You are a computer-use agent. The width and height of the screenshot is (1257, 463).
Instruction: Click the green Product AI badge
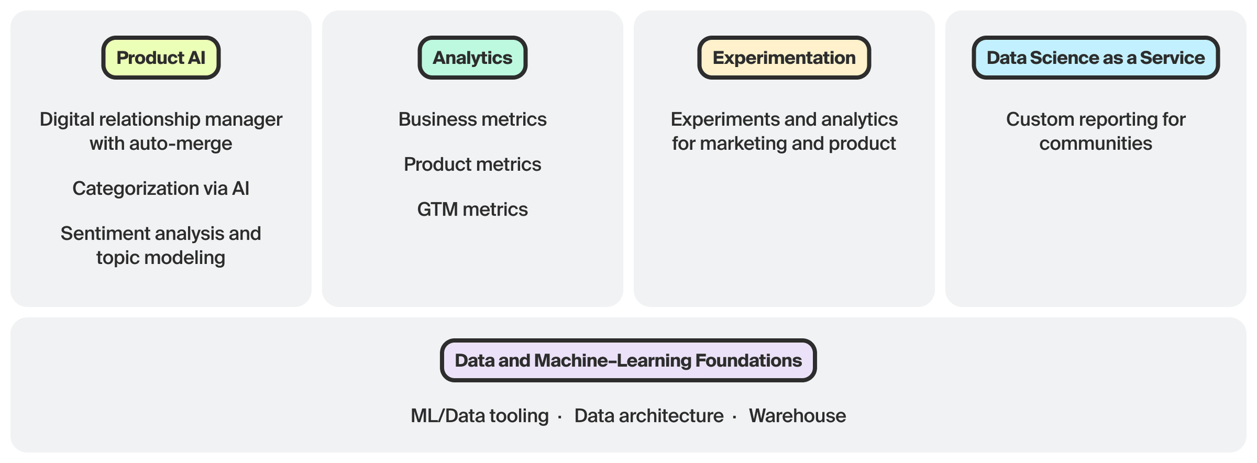161,58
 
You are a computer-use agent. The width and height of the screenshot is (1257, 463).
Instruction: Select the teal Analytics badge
472,58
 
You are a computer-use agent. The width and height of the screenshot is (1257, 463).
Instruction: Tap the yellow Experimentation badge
784,58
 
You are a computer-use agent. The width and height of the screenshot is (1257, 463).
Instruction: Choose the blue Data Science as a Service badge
1095,58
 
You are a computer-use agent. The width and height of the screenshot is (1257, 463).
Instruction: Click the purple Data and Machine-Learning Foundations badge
628,360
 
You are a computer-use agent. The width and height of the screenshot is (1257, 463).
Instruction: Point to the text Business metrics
472,119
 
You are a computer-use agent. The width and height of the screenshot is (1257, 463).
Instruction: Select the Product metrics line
472,165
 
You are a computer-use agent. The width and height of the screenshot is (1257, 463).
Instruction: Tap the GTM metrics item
472,209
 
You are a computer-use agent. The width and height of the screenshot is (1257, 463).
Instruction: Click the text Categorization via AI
161,189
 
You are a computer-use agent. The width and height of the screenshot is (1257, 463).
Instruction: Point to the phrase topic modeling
161,257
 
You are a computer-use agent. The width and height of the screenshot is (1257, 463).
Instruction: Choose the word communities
1095,144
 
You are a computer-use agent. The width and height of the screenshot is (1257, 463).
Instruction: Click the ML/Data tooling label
480,416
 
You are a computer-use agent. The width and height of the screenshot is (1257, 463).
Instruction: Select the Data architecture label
648,416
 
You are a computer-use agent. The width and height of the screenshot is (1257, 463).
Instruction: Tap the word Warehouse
797,416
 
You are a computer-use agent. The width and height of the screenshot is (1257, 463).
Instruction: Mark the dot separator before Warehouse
734,417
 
